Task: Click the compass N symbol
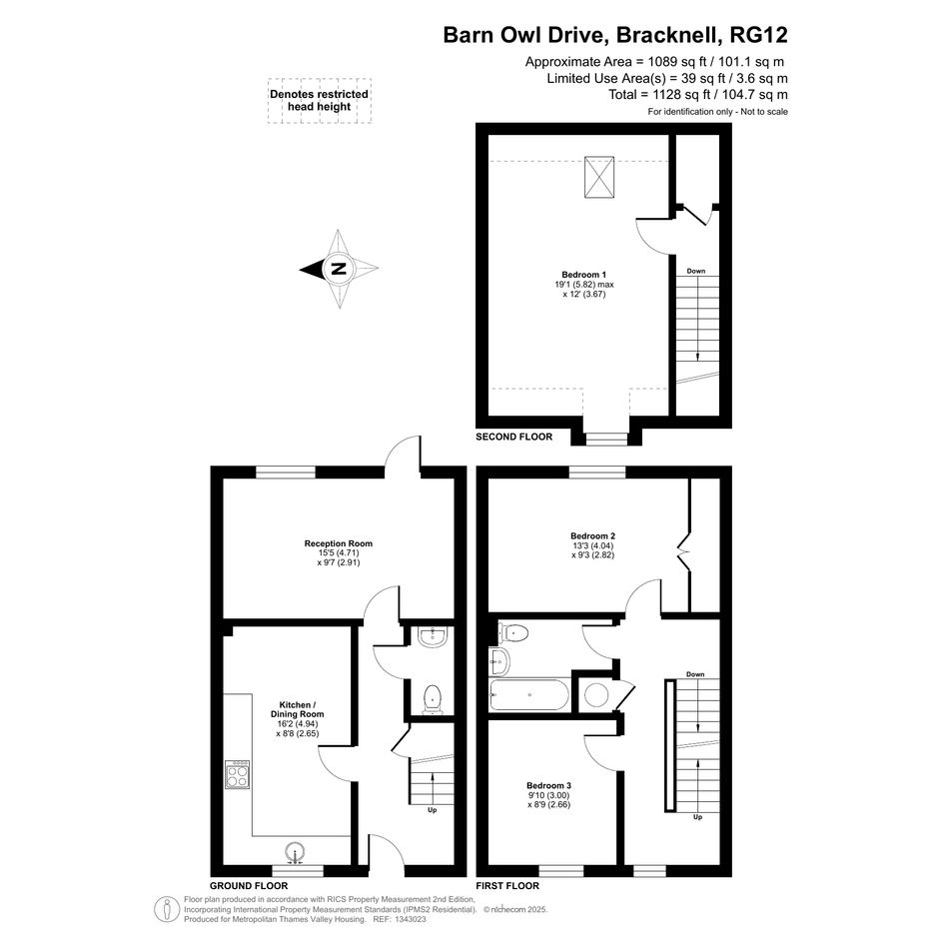[x=340, y=269]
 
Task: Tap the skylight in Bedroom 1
[x=599, y=177]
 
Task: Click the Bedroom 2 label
[x=593, y=535]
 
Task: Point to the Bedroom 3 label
[x=548, y=785]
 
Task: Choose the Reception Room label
[x=339, y=543]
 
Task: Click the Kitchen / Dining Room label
[x=298, y=709]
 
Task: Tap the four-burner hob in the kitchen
[x=238, y=774]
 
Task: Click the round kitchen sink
[x=295, y=851]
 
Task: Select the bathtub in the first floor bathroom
[x=529, y=694]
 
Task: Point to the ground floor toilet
[x=433, y=699]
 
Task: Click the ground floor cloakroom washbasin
[x=433, y=637]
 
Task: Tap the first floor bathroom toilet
[x=513, y=632]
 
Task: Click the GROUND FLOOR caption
[x=249, y=886]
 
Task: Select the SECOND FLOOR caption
[x=514, y=437]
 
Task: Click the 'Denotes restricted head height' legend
[x=319, y=101]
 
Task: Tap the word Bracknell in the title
[x=666, y=35]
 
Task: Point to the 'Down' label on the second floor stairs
[x=696, y=271]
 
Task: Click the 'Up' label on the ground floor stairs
[x=433, y=810]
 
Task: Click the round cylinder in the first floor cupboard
[x=596, y=695]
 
